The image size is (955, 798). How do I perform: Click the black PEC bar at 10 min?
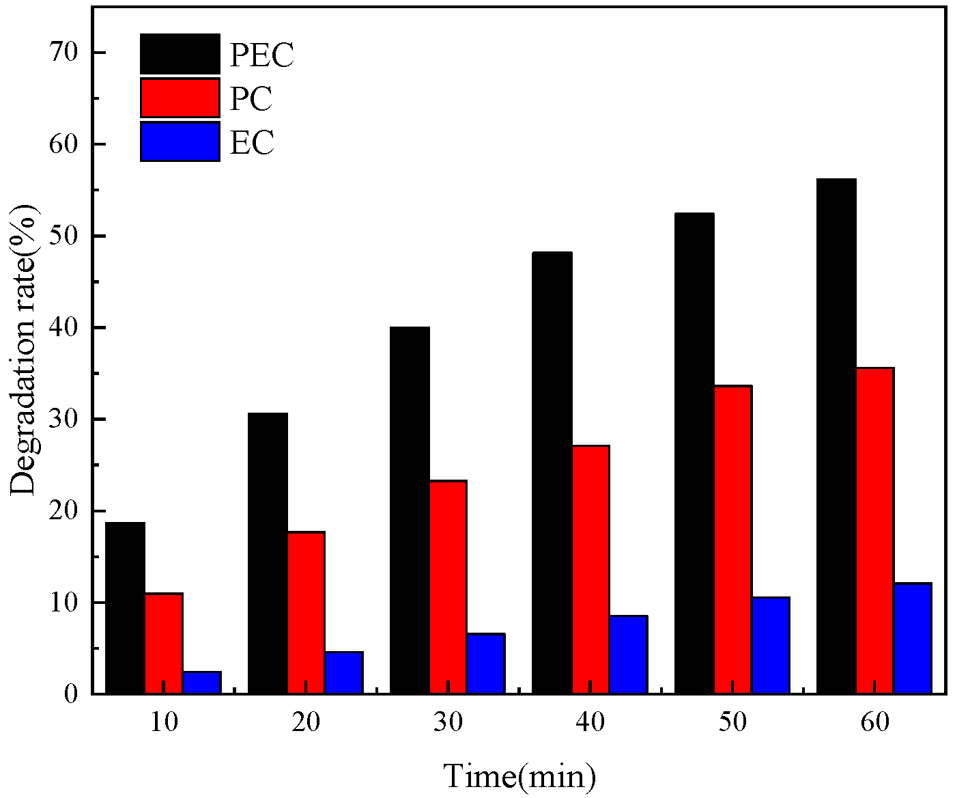(126, 608)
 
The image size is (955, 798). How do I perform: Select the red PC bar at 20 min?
(306, 613)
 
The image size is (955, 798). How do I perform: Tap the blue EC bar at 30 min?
(486, 663)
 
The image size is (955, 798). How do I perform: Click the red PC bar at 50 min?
(732, 540)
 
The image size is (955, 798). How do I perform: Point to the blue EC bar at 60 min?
(913, 638)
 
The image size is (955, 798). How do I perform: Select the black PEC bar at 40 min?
(552, 473)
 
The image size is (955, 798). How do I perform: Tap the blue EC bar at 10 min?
(202, 683)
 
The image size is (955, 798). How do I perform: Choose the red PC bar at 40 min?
(590, 569)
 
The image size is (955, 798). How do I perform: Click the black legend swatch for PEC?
(180, 54)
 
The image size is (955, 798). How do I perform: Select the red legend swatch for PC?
(180, 98)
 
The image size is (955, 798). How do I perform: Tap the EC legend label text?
(252, 143)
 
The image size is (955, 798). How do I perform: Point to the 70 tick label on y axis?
(64, 53)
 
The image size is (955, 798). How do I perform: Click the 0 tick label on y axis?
(72, 695)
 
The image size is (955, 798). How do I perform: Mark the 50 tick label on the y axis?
(64, 236)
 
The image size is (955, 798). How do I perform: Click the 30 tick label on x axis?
(448, 722)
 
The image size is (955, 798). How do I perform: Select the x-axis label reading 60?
(874, 722)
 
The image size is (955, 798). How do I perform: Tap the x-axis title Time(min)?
(519, 776)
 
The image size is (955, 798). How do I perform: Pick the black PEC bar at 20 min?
(268, 553)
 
